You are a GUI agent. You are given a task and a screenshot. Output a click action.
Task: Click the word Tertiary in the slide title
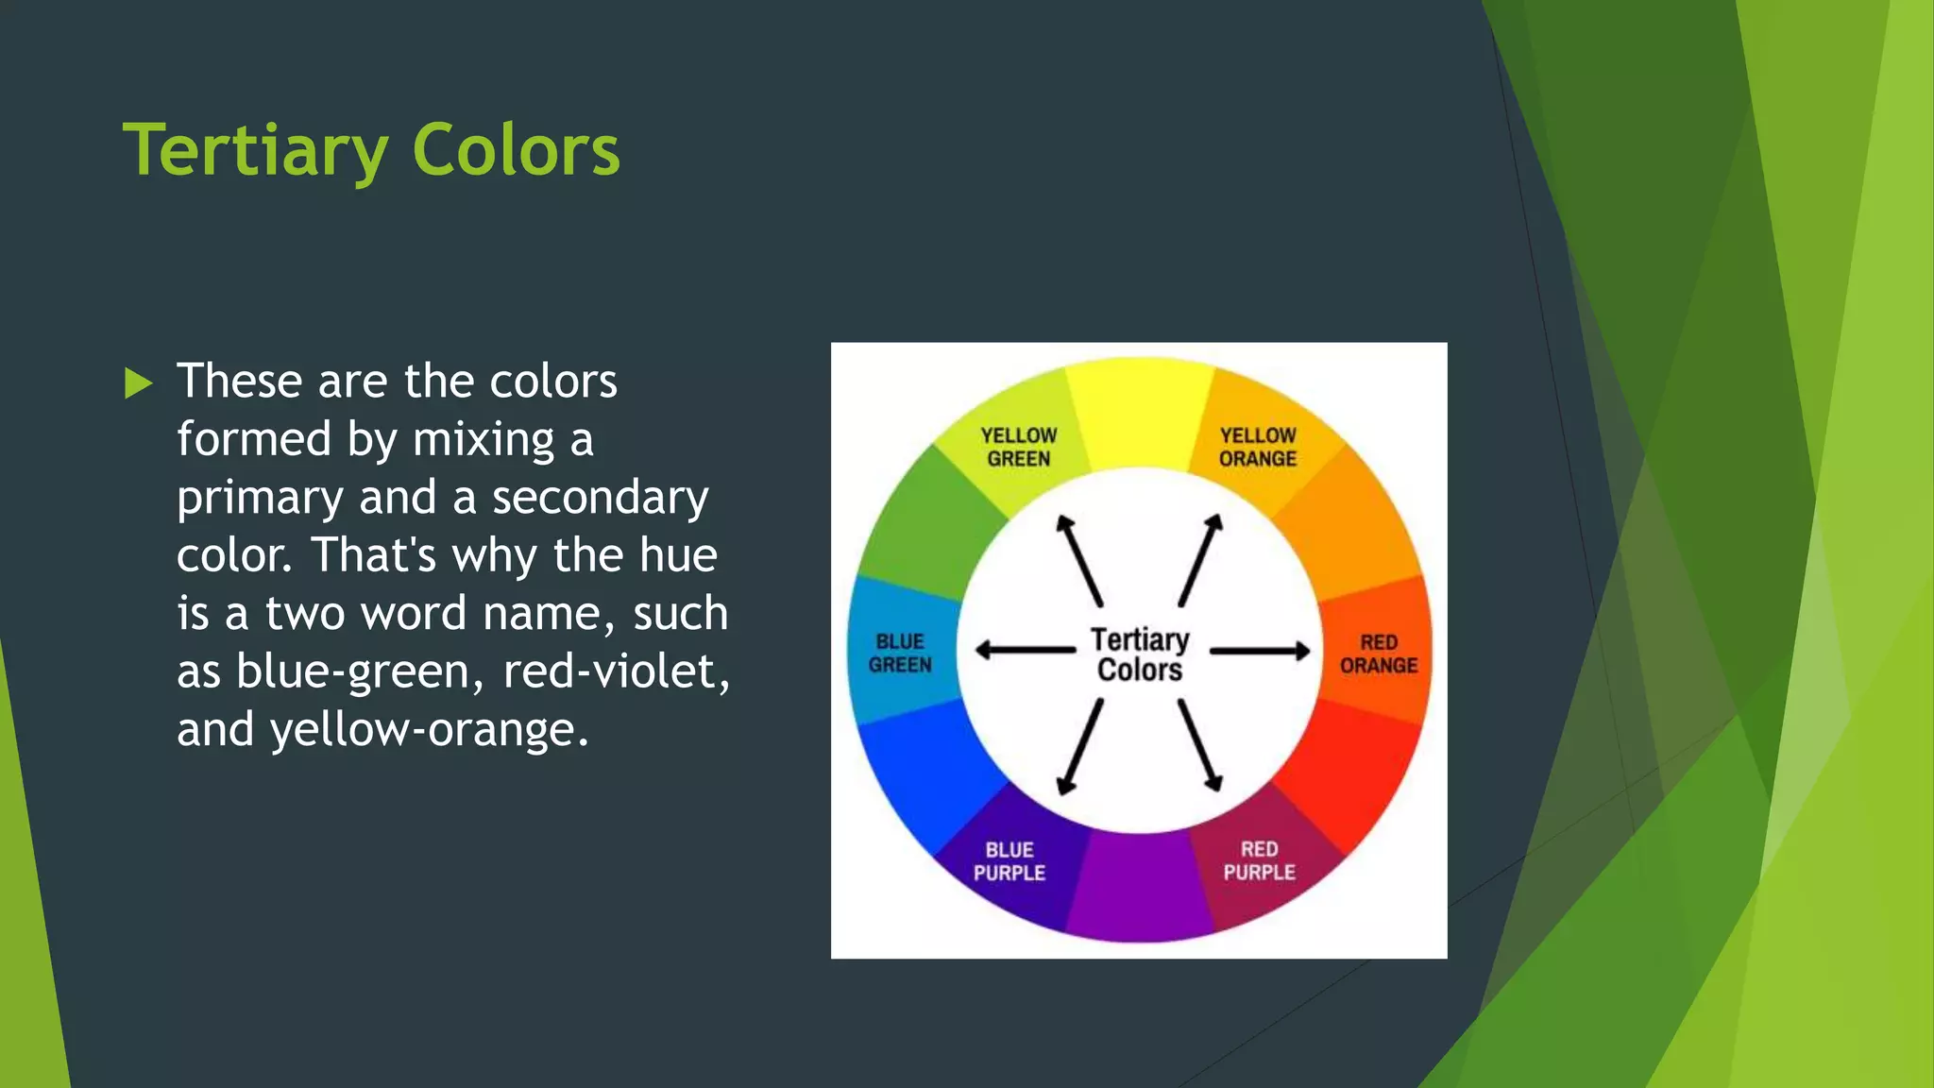point(255,151)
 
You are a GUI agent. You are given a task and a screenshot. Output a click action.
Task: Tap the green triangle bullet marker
point(138,383)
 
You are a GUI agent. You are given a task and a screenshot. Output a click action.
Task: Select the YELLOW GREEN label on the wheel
point(1018,447)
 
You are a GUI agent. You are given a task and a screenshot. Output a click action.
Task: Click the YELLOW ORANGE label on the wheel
point(1257,447)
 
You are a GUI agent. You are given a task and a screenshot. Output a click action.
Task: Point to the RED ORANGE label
point(1378,654)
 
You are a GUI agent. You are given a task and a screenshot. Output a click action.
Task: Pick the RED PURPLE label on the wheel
point(1259,860)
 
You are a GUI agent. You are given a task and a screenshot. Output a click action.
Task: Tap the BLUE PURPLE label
point(1009,861)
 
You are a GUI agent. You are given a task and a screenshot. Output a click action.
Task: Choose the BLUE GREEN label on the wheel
point(899,653)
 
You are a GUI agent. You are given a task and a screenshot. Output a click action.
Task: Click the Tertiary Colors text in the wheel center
point(1140,654)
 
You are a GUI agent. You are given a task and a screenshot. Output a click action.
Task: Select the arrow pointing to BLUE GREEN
point(1025,650)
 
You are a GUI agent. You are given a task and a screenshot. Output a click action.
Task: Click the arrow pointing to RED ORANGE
point(1260,651)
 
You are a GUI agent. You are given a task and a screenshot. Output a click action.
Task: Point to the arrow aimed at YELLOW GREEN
point(1079,560)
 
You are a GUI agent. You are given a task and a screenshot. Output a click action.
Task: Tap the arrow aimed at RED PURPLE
point(1200,745)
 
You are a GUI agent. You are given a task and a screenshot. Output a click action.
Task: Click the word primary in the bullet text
point(259,498)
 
